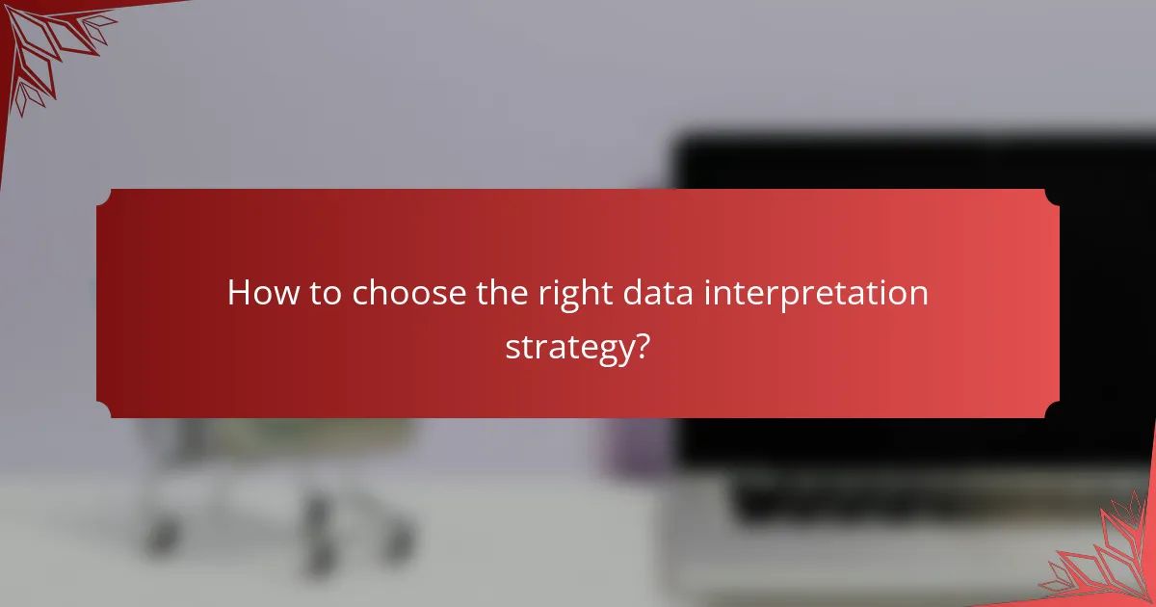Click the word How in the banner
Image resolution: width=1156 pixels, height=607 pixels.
pos(257,293)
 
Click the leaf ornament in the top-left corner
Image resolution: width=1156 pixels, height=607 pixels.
pos(48,48)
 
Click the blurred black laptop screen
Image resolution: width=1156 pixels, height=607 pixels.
pos(915,164)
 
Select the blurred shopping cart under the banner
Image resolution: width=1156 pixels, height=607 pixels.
pos(270,482)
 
